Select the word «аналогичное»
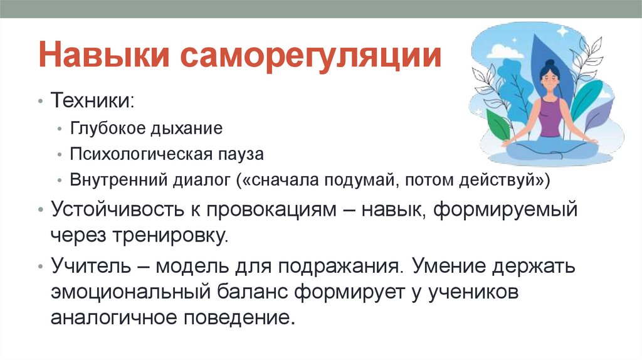(x=114, y=317)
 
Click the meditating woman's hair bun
(x=550, y=63)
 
